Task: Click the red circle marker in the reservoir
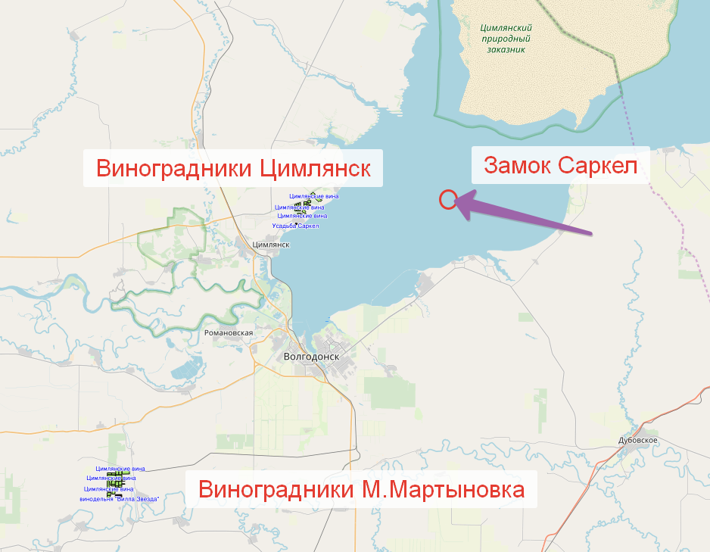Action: [447, 200]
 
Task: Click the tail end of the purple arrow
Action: [591, 232]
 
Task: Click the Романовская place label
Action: [228, 332]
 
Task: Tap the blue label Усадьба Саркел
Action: [296, 226]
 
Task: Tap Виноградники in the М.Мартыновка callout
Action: [272, 489]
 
